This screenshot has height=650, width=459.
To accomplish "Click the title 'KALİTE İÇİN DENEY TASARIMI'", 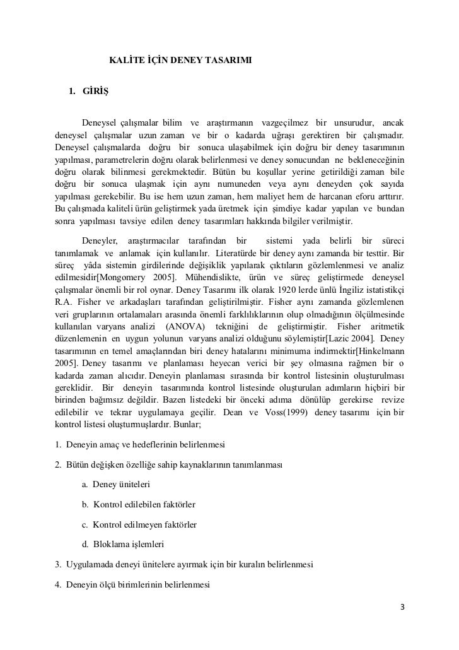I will (180, 61).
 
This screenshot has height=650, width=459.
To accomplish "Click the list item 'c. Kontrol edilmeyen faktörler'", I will (139, 524).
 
